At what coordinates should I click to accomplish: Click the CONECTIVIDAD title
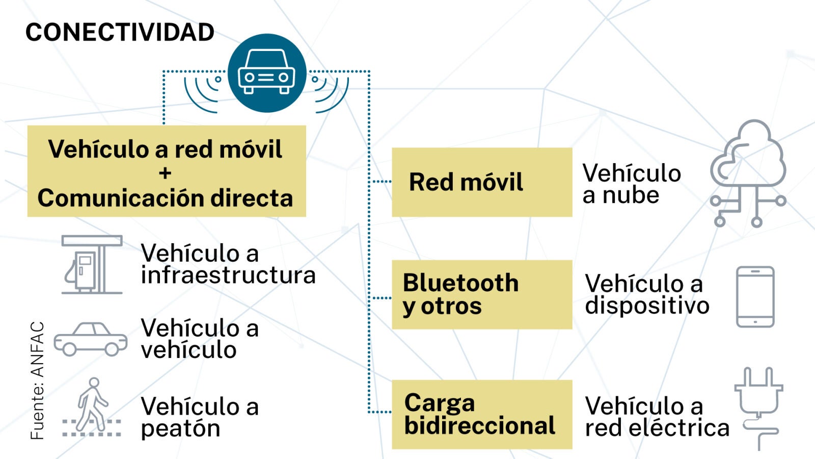tap(120, 33)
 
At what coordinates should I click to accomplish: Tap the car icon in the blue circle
tap(266, 72)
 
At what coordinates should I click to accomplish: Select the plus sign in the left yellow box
tap(165, 173)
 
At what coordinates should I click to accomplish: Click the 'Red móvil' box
tap(481, 182)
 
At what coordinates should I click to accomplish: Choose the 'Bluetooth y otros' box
tap(481, 294)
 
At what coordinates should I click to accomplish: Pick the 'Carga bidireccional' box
tap(481, 414)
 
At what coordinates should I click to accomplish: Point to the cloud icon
tap(748, 173)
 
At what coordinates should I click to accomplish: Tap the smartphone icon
tap(755, 296)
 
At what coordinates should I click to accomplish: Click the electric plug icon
tap(758, 405)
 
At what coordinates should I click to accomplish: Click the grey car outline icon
tap(91, 339)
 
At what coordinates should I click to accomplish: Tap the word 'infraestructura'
tap(228, 275)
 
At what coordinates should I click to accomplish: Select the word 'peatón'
tap(180, 428)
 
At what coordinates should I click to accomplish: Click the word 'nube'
tap(631, 195)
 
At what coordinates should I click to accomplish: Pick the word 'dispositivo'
tap(647, 305)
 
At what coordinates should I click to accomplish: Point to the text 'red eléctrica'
tap(657, 428)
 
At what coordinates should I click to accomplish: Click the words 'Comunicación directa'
tap(165, 198)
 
